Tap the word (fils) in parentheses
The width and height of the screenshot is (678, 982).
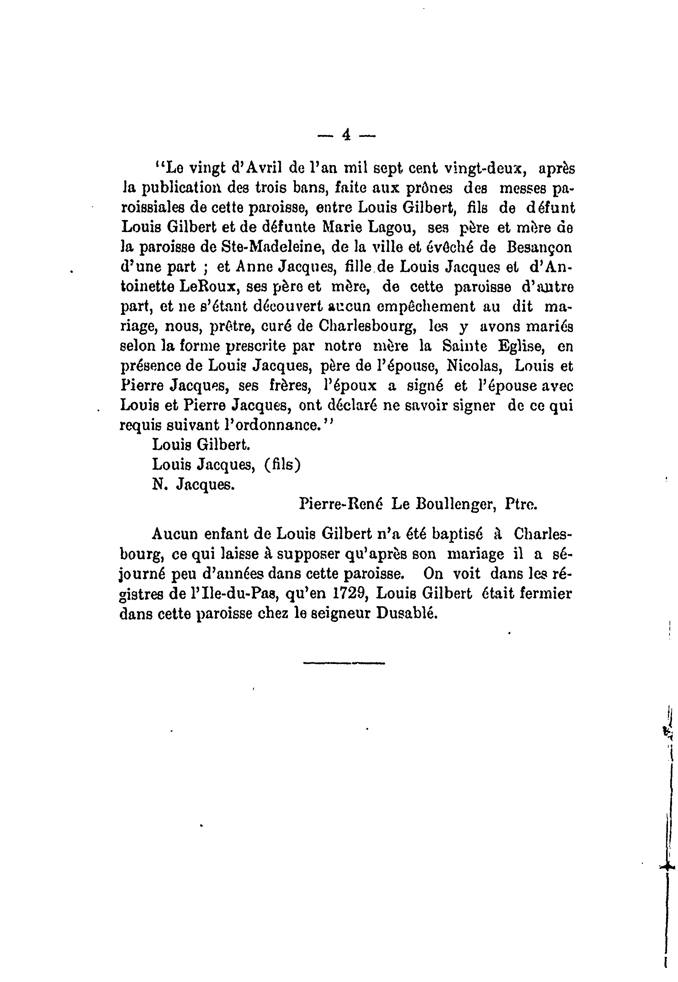(282, 465)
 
